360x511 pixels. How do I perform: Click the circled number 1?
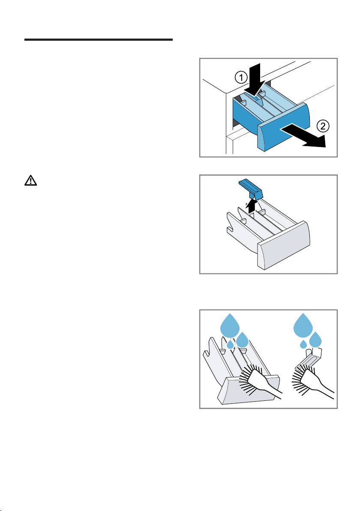[x=241, y=78]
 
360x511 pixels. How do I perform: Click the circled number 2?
[x=323, y=126]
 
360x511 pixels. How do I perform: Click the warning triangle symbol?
[x=30, y=180]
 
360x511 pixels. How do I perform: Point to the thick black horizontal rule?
[x=99, y=40]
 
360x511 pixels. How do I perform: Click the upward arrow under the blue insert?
[x=251, y=207]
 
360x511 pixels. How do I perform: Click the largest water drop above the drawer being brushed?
[x=230, y=325]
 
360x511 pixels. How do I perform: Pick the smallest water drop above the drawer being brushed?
[x=230, y=344]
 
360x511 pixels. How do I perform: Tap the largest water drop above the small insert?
[x=303, y=325]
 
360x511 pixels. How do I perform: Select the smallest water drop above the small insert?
[x=303, y=343]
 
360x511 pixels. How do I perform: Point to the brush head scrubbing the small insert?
[x=305, y=378]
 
